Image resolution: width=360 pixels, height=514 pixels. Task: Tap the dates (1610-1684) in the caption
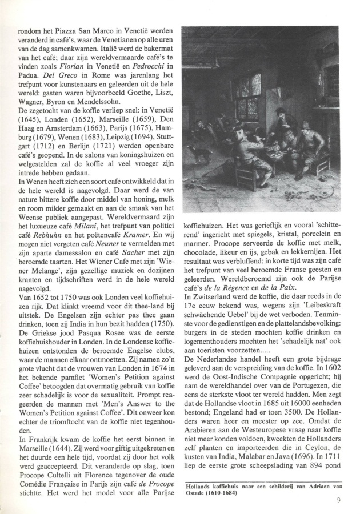click(219, 492)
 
